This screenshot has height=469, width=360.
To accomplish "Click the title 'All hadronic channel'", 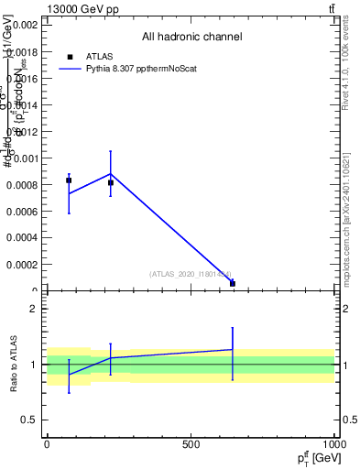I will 191,38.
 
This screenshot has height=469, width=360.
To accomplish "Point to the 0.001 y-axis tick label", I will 24,158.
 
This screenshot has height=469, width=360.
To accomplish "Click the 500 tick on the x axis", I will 191,444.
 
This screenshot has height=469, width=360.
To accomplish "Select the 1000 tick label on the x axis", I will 334,444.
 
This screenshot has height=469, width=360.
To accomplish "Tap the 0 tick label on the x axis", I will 47,444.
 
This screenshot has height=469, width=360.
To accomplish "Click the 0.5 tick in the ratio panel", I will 29,420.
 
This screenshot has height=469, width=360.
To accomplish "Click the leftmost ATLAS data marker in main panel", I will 69,180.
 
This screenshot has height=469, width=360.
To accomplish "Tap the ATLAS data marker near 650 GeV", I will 233,283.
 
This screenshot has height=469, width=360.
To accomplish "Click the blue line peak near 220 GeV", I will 111,173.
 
